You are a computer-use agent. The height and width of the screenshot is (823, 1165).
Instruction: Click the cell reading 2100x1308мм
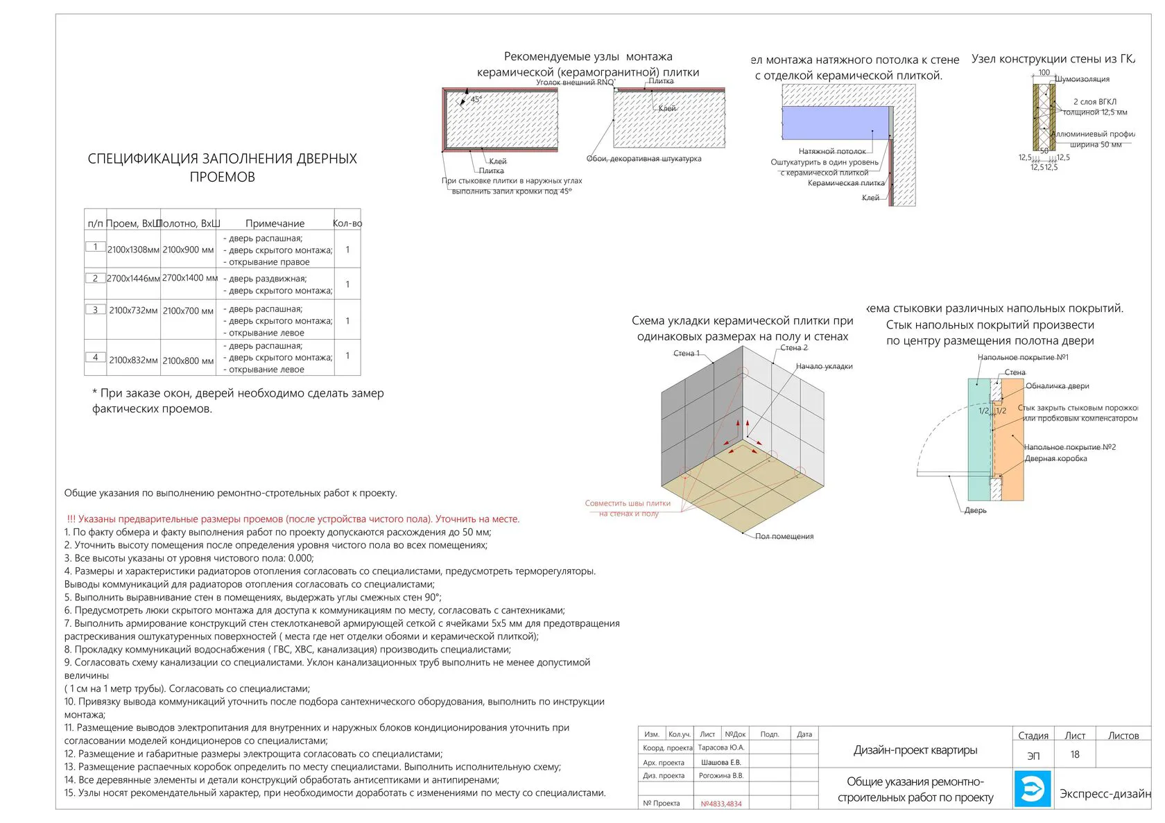[x=133, y=250]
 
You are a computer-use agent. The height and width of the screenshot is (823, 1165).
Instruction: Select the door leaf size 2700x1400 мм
[x=189, y=278]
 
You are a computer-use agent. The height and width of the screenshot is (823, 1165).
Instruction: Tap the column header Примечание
[x=275, y=223]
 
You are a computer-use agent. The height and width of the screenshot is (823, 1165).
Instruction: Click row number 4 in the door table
[x=95, y=357]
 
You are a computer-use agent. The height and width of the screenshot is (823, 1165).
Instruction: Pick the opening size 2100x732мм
[x=133, y=311]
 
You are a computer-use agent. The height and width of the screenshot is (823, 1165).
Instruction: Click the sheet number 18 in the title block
[x=1074, y=754]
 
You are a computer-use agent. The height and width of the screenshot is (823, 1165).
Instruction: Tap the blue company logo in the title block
[x=1033, y=788]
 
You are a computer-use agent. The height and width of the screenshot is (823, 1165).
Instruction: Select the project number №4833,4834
[x=720, y=804]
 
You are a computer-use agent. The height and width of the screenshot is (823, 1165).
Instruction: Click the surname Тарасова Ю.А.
[x=720, y=747]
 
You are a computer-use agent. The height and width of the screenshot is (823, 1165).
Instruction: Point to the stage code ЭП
[x=1033, y=756]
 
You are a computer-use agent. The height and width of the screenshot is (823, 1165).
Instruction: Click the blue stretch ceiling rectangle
[x=835, y=123]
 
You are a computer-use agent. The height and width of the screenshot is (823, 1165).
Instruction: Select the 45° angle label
[x=476, y=100]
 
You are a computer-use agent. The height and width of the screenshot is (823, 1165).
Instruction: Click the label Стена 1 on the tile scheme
[x=687, y=354]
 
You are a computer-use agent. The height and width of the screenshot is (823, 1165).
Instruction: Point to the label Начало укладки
[x=824, y=366]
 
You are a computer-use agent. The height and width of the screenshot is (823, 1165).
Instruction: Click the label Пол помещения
[x=784, y=536]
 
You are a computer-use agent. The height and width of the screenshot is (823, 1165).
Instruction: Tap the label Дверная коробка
[x=1055, y=458]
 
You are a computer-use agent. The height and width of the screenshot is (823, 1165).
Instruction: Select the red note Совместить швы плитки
[x=628, y=503]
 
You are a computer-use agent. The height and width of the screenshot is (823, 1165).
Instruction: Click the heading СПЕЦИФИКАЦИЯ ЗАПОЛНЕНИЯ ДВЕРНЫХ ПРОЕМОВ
[x=222, y=168]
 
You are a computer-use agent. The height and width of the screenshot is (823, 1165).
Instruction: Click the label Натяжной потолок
[x=831, y=151]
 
